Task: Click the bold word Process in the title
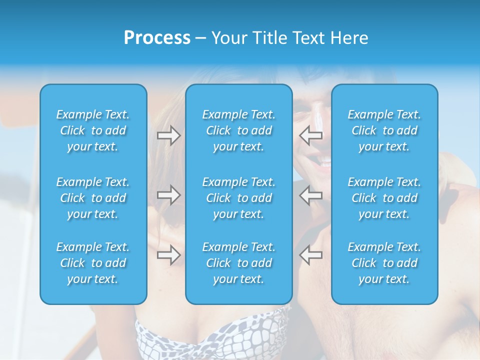(157, 38)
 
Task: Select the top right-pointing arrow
(168, 135)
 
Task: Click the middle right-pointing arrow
(168, 195)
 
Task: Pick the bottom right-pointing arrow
(168, 255)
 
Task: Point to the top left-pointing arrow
(311, 135)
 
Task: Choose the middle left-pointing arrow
(311, 195)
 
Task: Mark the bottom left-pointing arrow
(311, 255)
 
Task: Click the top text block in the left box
(93, 130)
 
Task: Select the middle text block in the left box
(93, 198)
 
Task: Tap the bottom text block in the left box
(93, 263)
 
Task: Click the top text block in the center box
(239, 130)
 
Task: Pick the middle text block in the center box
(239, 198)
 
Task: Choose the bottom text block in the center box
(239, 263)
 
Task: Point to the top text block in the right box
(384, 130)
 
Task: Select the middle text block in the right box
(384, 198)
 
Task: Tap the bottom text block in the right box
(384, 263)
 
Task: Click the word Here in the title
(349, 38)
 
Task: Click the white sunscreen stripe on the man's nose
(317, 123)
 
